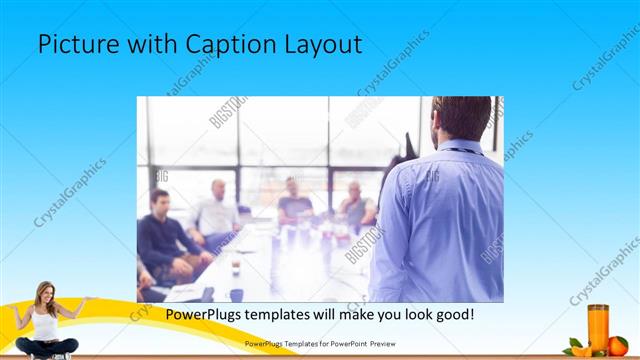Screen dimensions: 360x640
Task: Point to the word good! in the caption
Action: click(x=452, y=314)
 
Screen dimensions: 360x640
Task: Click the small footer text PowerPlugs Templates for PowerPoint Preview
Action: click(x=320, y=343)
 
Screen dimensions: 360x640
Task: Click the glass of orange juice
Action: click(x=597, y=327)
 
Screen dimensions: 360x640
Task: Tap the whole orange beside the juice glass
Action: click(x=617, y=346)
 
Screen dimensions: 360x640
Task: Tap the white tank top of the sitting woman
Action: click(x=45, y=323)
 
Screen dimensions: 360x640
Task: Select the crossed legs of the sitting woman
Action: click(x=46, y=347)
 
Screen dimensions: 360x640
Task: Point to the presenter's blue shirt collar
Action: click(x=459, y=149)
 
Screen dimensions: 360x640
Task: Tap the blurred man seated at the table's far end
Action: click(x=293, y=201)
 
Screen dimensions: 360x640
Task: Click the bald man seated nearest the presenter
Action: click(x=355, y=207)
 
